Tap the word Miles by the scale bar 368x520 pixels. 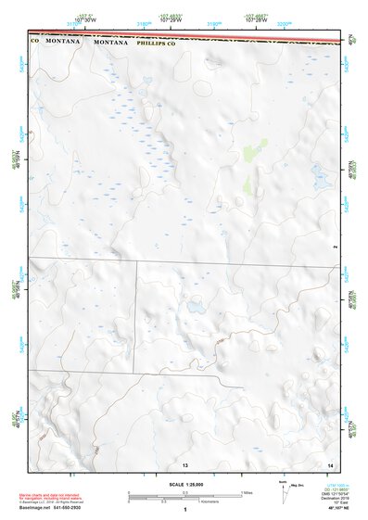247,492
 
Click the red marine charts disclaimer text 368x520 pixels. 56,488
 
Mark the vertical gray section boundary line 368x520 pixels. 138,315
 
